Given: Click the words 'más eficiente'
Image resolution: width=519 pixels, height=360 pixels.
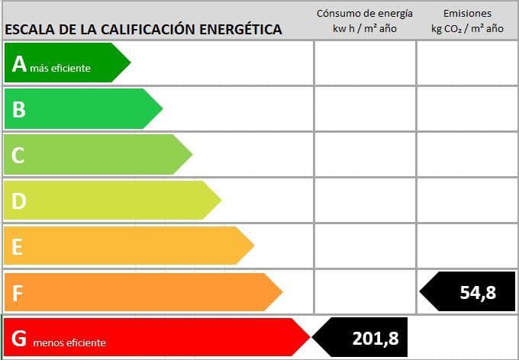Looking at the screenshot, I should [60, 69].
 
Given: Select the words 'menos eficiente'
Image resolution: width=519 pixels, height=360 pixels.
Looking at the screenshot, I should [69, 343].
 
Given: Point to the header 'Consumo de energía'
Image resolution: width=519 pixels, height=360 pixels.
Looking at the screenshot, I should [365, 13].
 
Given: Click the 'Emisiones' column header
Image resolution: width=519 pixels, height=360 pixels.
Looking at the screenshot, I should [467, 13].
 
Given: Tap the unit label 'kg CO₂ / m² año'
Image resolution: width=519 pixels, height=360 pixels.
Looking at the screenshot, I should [467, 28].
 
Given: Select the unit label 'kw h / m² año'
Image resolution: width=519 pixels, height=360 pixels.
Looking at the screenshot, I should [365, 28].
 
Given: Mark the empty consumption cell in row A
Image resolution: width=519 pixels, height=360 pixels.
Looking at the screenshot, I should [365, 63].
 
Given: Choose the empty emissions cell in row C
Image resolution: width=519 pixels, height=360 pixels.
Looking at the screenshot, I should [467, 155].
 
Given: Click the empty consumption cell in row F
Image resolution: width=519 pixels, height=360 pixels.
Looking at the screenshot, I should [365, 292].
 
